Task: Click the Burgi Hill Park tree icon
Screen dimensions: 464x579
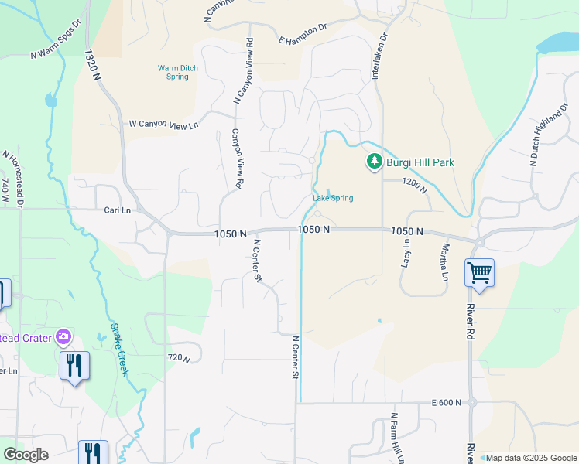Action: coord(374,162)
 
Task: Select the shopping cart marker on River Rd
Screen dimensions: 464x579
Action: coord(479,272)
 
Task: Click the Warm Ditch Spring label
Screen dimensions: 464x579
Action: coord(178,73)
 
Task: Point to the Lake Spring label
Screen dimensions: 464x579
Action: coord(333,198)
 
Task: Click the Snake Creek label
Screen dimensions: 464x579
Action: coord(118,349)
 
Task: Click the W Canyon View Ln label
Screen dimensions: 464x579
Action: coord(163,125)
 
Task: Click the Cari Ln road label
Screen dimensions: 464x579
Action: coord(118,210)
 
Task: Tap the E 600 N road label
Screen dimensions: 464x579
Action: coord(447,402)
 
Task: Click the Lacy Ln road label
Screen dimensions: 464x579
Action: coord(406,252)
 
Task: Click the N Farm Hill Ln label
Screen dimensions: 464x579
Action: coord(397,438)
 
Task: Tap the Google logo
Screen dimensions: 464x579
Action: coord(26,455)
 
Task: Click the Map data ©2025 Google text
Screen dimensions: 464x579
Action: coord(529,458)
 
